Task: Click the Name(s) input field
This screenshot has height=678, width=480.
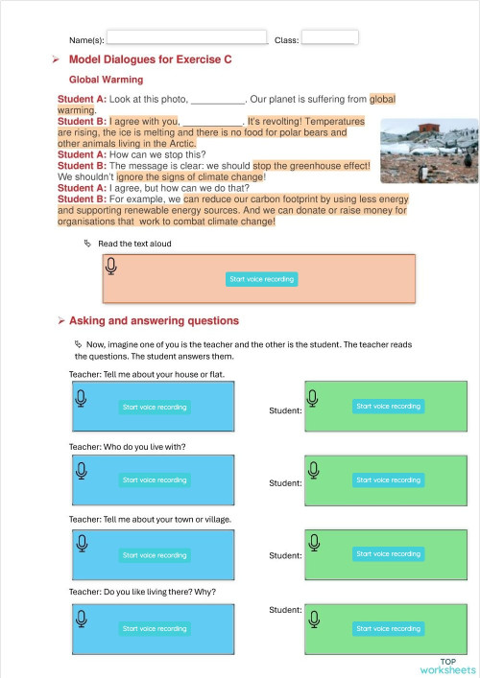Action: pos(186,37)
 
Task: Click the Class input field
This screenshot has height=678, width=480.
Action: pos(329,37)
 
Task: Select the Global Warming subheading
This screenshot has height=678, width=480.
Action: pos(106,80)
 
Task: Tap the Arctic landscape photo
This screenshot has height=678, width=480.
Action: pos(428,144)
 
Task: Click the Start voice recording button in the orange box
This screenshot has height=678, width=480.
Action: pos(262,279)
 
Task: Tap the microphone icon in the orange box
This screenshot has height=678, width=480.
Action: pos(111,267)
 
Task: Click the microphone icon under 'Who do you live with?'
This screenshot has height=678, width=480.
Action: pos(83,469)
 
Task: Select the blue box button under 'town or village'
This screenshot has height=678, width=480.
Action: pos(155,555)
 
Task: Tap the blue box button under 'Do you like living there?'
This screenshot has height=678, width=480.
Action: pos(155,629)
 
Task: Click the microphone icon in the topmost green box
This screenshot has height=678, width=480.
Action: pos(313,395)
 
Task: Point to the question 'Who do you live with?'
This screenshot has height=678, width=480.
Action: pos(127,447)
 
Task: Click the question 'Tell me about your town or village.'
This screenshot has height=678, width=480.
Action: pos(150,519)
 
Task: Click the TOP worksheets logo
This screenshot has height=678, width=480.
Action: pos(447,666)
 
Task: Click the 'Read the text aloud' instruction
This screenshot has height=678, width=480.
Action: pos(133,244)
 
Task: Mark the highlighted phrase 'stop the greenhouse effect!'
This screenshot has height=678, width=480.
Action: pos(311,166)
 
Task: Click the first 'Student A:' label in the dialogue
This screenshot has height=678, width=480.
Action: pos(82,99)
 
